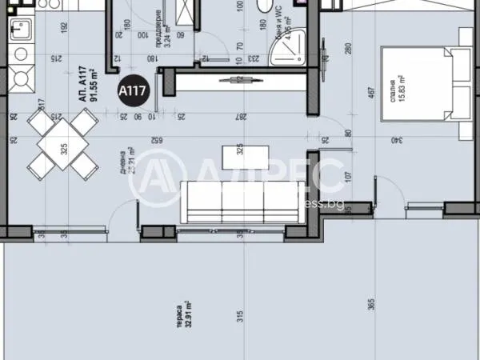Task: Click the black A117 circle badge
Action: click(x=130, y=90)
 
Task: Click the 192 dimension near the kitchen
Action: click(x=63, y=26)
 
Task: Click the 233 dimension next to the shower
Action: click(x=254, y=58)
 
